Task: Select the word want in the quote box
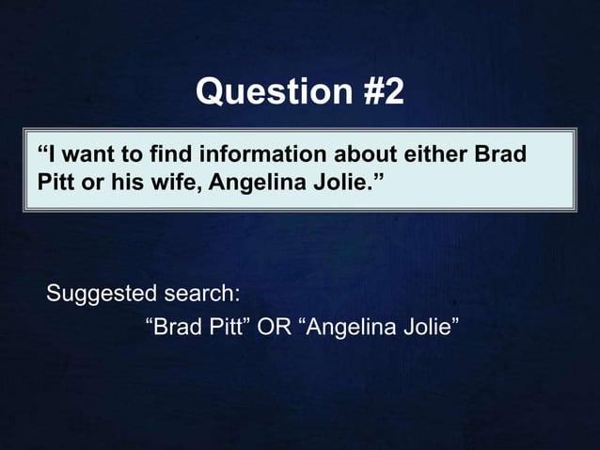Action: [x=85, y=153]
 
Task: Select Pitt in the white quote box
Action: [x=55, y=179]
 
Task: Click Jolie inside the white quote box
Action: [x=333, y=179]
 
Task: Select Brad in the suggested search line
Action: [x=178, y=329]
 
